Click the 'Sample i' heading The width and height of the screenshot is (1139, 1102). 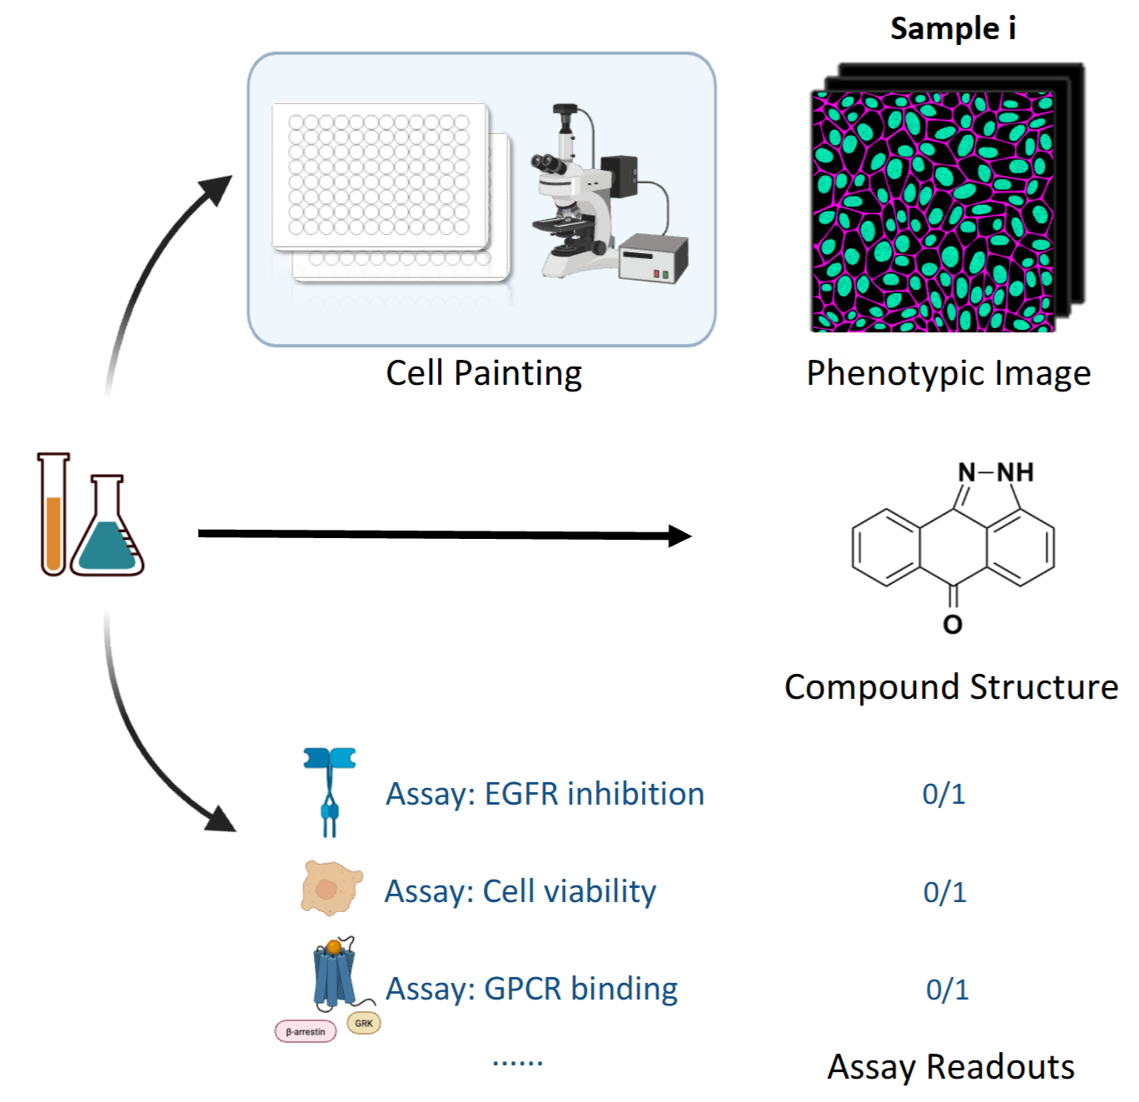pyautogui.click(x=952, y=28)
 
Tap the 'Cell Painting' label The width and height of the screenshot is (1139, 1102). pyautogui.click(x=484, y=373)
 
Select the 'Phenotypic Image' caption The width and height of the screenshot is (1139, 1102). pyautogui.click(x=948, y=373)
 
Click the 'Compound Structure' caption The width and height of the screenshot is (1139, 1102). pyautogui.click(x=951, y=687)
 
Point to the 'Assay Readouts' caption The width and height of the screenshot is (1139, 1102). pyautogui.click(x=951, y=1066)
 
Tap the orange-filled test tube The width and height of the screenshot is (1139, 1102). pyautogui.click(x=53, y=514)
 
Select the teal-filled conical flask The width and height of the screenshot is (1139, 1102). pyautogui.click(x=107, y=526)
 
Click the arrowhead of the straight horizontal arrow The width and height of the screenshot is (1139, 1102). pyautogui.click(x=679, y=536)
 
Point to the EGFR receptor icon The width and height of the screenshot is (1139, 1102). pyautogui.click(x=330, y=791)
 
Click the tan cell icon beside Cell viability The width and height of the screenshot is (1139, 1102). pyautogui.click(x=331, y=888)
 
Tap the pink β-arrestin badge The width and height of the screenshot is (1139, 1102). pyautogui.click(x=306, y=1032)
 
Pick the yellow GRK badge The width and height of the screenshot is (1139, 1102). pyautogui.click(x=364, y=1024)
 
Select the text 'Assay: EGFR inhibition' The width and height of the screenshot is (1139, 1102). pyautogui.click(x=545, y=794)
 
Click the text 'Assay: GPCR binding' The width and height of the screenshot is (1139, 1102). pyautogui.click(x=531, y=989)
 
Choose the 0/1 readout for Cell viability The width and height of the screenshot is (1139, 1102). pyautogui.click(x=945, y=892)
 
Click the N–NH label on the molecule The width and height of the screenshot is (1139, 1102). pyautogui.click(x=995, y=472)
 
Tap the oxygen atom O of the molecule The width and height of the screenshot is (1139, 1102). pyautogui.click(x=952, y=625)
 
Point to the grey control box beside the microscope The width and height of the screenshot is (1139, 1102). pyautogui.click(x=654, y=259)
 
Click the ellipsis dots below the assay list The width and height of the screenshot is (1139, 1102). pyautogui.click(x=517, y=1062)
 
